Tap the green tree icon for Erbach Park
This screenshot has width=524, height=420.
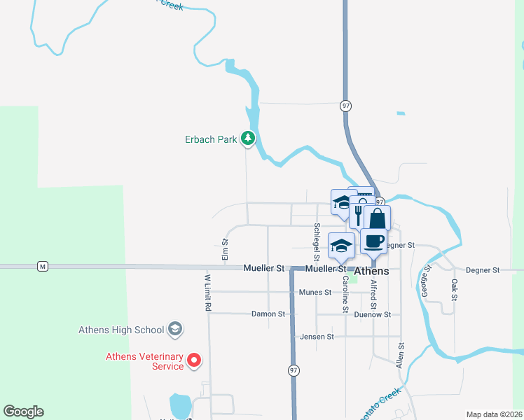click(247, 139)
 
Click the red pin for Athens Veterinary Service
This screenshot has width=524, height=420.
click(195, 361)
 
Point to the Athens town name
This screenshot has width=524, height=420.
click(371, 271)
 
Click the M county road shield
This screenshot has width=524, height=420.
click(43, 266)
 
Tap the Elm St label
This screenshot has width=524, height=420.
click(226, 250)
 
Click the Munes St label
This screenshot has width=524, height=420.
click(314, 292)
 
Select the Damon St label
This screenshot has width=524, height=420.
click(268, 314)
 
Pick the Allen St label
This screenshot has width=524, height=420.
click(401, 355)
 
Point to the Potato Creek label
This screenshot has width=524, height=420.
click(380, 402)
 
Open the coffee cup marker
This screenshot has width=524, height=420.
click(373, 241)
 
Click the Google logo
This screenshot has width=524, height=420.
click(23, 412)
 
